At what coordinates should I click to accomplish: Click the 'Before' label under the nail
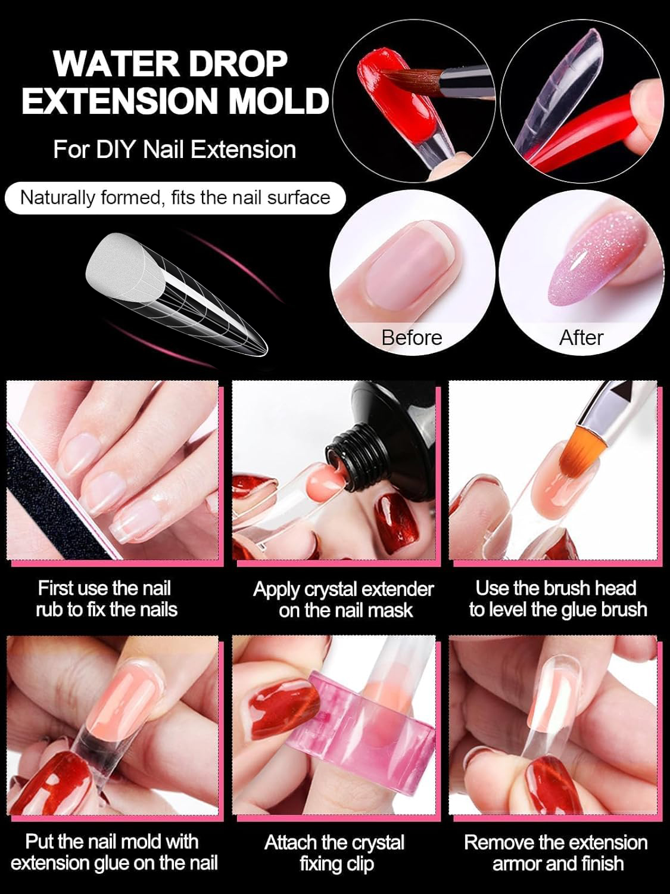[x=412, y=338]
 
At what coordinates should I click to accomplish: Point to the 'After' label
[x=581, y=338]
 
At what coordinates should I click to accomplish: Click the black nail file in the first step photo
[x=61, y=493]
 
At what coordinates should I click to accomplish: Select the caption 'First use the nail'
[x=105, y=588]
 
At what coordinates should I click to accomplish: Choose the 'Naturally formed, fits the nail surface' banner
[x=175, y=198]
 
